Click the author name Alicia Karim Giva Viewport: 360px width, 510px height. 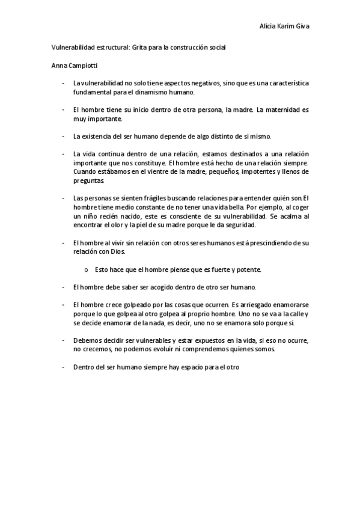tap(284, 26)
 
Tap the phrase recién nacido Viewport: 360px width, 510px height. tap(128, 216)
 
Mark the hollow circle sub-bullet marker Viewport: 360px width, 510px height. tap(87, 269)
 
